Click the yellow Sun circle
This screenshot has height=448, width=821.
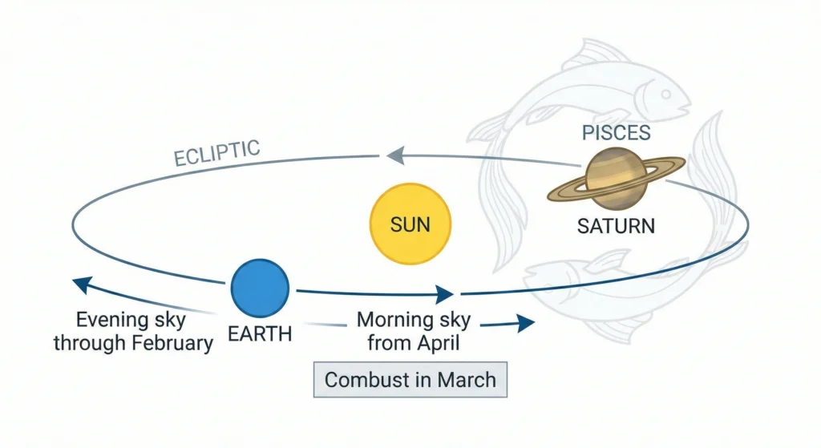[x=410, y=224]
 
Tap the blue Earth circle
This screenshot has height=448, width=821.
[x=259, y=289]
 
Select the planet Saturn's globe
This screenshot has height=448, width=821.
[x=616, y=180]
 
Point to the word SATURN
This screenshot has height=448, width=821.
[x=616, y=225]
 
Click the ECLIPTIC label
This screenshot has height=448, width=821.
[x=216, y=153]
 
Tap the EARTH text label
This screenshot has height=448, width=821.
[x=260, y=333]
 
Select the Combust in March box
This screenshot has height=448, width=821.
[x=410, y=379]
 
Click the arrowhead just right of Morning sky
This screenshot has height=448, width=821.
[x=525, y=323]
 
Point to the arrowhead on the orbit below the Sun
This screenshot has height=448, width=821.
[x=445, y=294]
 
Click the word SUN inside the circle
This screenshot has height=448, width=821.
[x=410, y=224]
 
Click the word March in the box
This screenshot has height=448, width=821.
[x=467, y=379]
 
